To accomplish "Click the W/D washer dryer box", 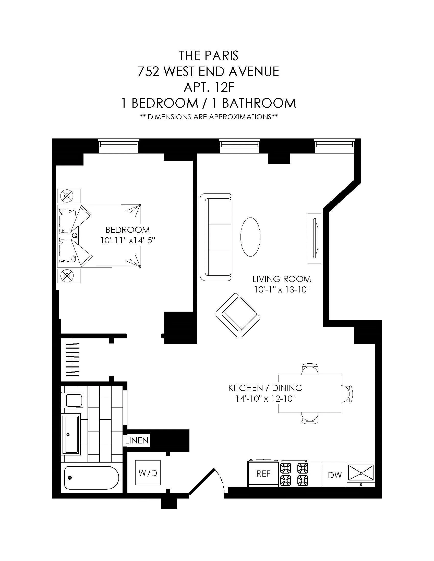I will click(x=148, y=473).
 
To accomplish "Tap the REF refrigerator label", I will click(x=263, y=474).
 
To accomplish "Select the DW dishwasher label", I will click(x=335, y=475).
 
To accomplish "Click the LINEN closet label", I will click(x=137, y=441).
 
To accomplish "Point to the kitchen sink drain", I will click(x=361, y=473).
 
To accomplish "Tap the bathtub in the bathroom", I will click(x=92, y=478).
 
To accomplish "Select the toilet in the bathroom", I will click(x=74, y=400).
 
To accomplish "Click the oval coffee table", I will click(x=250, y=237).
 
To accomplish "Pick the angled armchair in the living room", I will click(x=238, y=315).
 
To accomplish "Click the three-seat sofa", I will click(x=215, y=237).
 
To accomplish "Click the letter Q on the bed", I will click(x=75, y=235).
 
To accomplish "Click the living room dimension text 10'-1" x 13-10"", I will click(x=282, y=290).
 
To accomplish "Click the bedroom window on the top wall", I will click(x=119, y=146).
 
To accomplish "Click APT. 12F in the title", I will click(x=209, y=87).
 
